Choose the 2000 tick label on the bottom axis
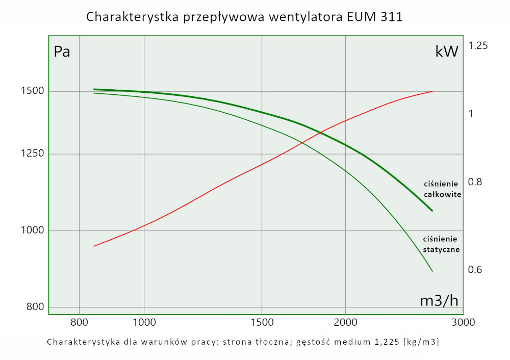(x=346, y=322)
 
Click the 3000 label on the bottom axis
(x=463, y=322)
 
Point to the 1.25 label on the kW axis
(x=478, y=46)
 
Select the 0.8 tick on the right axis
(x=475, y=182)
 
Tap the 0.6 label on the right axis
(x=475, y=269)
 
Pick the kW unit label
(x=447, y=52)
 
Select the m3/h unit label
(x=439, y=301)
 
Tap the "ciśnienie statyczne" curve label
(x=442, y=244)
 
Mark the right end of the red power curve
(x=432, y=91)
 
